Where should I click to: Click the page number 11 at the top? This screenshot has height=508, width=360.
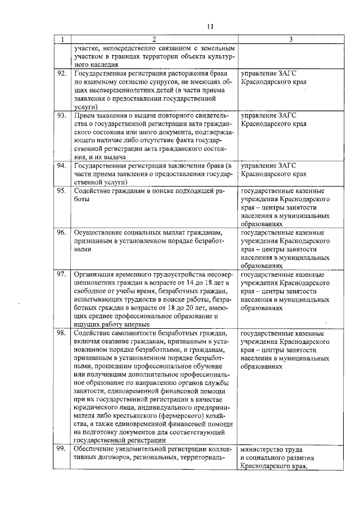[210, 26]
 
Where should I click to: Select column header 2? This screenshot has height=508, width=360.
[152, 39]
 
